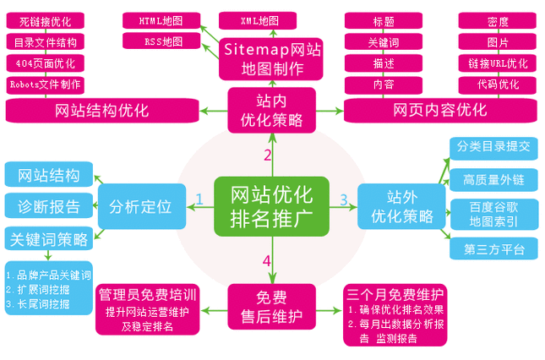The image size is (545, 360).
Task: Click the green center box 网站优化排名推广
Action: pos(271,205)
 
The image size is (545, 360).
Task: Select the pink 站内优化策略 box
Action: pos(271,111)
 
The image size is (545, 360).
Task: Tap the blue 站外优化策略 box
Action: pos(401,207)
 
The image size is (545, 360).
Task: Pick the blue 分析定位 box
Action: pos(140,206)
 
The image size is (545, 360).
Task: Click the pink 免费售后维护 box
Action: pos(271,307)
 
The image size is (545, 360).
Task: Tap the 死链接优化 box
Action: pos(47,19)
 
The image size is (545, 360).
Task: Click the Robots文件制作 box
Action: pos(47,84)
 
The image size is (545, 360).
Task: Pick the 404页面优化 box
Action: pos(47,63)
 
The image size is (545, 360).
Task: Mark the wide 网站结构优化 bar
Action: pos(101,111)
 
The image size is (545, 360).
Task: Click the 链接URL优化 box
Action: pos(497,63)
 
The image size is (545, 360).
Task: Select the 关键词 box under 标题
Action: pos(383,41)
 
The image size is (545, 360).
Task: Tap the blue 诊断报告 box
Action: pos(48,206)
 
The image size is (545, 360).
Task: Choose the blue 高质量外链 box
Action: pos(494,179)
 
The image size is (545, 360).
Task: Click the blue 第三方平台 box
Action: pos(494,249)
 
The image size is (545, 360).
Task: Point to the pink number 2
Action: pos(267,155)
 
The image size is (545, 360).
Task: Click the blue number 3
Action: pos(344,200)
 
